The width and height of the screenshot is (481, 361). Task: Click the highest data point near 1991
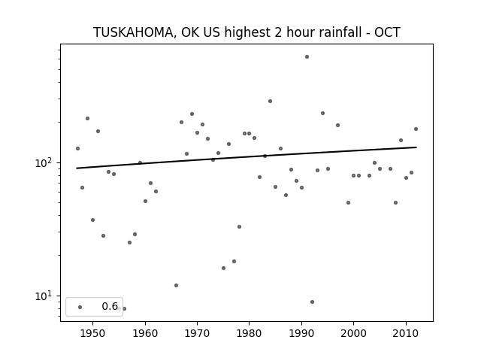click(x=307, y=57)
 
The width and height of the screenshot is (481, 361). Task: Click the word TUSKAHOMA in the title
click(x=133, y=32)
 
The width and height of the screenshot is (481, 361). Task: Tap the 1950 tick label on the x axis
click(x=92, y=333)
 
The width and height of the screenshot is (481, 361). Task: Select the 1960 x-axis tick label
click(x=145, y=333)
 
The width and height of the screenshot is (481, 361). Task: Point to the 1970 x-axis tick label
click(x=197, y=333)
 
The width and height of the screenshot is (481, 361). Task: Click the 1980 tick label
click(x=249, y=333)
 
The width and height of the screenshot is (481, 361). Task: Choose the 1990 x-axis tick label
click(x=301, y=333)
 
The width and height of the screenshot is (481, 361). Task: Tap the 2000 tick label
click(x=353, y=333)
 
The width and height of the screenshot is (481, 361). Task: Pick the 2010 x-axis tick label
click(x=406, y=333)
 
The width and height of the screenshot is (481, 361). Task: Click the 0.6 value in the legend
click(x=110, y=306)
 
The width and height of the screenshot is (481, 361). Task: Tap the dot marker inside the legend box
click(x=80, y=307)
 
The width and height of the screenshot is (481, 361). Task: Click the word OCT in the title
click(x=387, y=32)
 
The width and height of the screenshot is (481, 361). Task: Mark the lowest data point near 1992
click(x=312, y=302)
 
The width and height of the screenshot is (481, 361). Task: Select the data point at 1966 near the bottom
click(x=176, y=285)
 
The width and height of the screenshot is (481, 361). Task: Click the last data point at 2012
click(x=416, y=129)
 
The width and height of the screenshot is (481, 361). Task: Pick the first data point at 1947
click(x=77, y=149)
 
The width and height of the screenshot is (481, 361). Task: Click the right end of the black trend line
click(x=416, y=147)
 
